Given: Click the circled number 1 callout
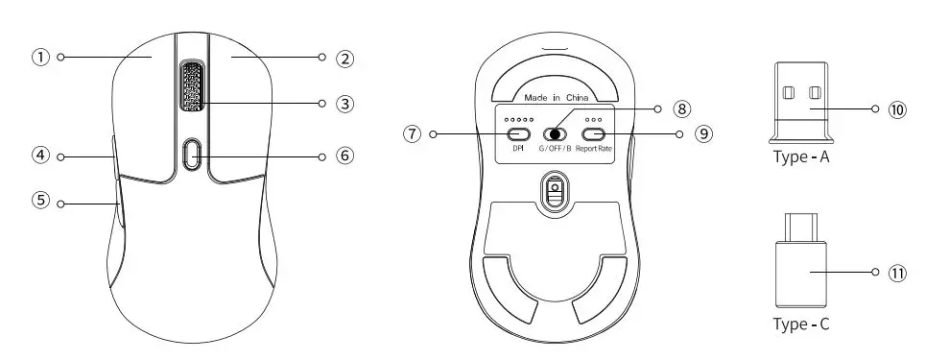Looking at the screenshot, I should click(40, 57).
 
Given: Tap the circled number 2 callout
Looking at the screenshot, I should click(344, 58).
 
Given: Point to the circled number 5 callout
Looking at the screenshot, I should click(40, 203).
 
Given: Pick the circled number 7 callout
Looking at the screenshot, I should click(413, 134).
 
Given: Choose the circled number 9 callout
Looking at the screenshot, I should click(704, 134).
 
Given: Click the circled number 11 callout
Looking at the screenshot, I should click(897, 273).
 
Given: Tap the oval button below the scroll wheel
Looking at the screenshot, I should click(191, 154).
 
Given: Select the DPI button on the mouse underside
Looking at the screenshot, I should click(519, 134).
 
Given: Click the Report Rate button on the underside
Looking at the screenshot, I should click(594, 134).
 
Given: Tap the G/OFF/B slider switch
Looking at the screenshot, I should click(555, 134).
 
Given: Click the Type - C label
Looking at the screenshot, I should click(801, 324).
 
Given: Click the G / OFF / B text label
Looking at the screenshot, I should click(554, 150).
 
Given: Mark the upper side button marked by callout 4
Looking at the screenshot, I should click(114, 156).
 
